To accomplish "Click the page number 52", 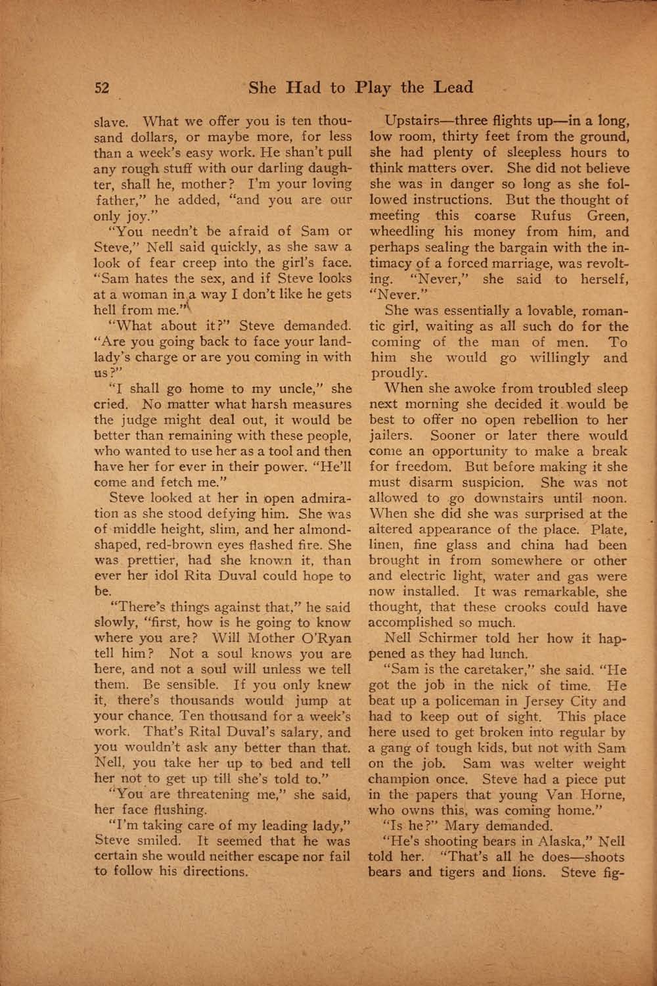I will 102,88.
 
